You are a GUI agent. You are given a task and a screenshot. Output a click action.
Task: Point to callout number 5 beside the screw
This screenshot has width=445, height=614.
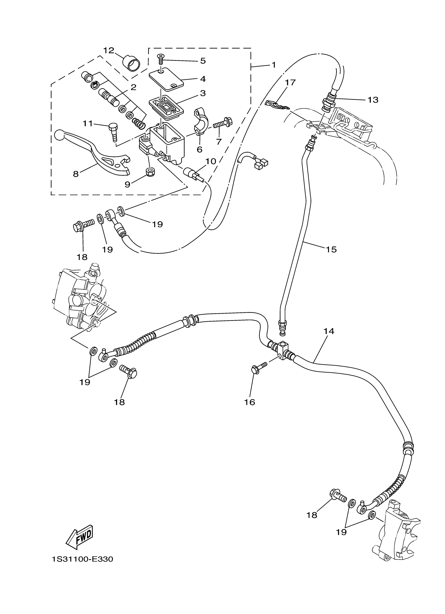tap(203, 61)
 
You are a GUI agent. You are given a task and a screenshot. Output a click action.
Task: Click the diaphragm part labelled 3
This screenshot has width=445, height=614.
tap(166, 107)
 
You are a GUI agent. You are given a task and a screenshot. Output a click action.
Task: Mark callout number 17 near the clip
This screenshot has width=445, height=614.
tap(290, 82)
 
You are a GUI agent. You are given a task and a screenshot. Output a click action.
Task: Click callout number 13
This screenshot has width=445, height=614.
tap(373, 100)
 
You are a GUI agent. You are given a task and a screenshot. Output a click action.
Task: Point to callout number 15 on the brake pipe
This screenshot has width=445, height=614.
tap(331, 249)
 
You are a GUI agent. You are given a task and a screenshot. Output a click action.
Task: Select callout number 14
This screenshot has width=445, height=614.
tap(329, 331)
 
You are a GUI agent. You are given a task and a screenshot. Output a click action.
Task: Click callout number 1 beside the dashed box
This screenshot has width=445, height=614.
tap(274, 65)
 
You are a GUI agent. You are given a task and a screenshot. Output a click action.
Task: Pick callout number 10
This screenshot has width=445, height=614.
tap(211, 161)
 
